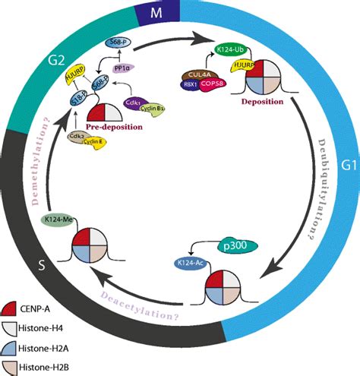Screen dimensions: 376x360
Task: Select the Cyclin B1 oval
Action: [161, 109]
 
